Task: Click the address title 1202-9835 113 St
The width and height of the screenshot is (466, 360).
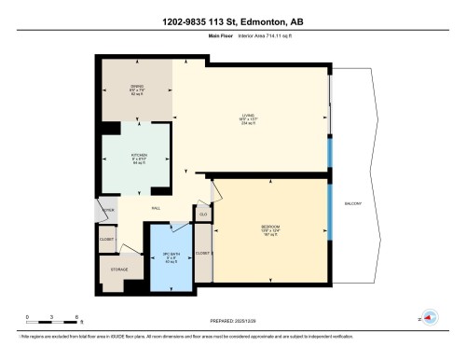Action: pos(233,21)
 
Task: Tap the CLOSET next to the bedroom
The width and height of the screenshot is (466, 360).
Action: pos(202,253)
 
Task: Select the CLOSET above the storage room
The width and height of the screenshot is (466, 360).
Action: pos(107,241)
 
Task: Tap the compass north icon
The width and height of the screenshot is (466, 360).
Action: pos(430,317)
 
